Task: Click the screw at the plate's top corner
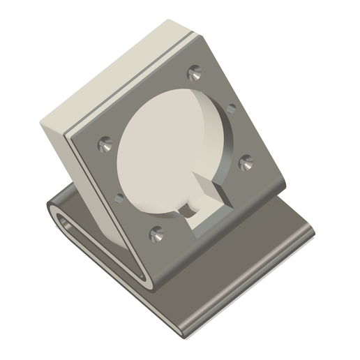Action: (195, 72)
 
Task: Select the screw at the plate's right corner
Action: (245, 163)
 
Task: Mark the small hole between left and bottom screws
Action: (119, 198)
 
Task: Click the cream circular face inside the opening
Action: (164, 150)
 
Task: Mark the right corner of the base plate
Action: (312, 233)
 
